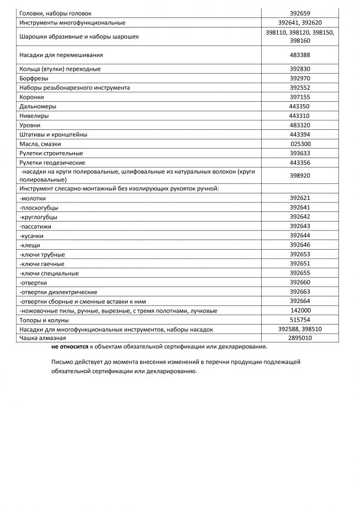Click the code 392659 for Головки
tap(299, 13)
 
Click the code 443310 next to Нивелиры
tap(299, 116)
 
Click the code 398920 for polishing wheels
tap(299, 176)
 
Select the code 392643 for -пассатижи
tap(299, 226)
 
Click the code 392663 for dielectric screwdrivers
tap(299, 292)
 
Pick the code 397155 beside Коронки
tap(299, 97)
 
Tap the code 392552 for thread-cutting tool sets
tap(299, 87)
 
